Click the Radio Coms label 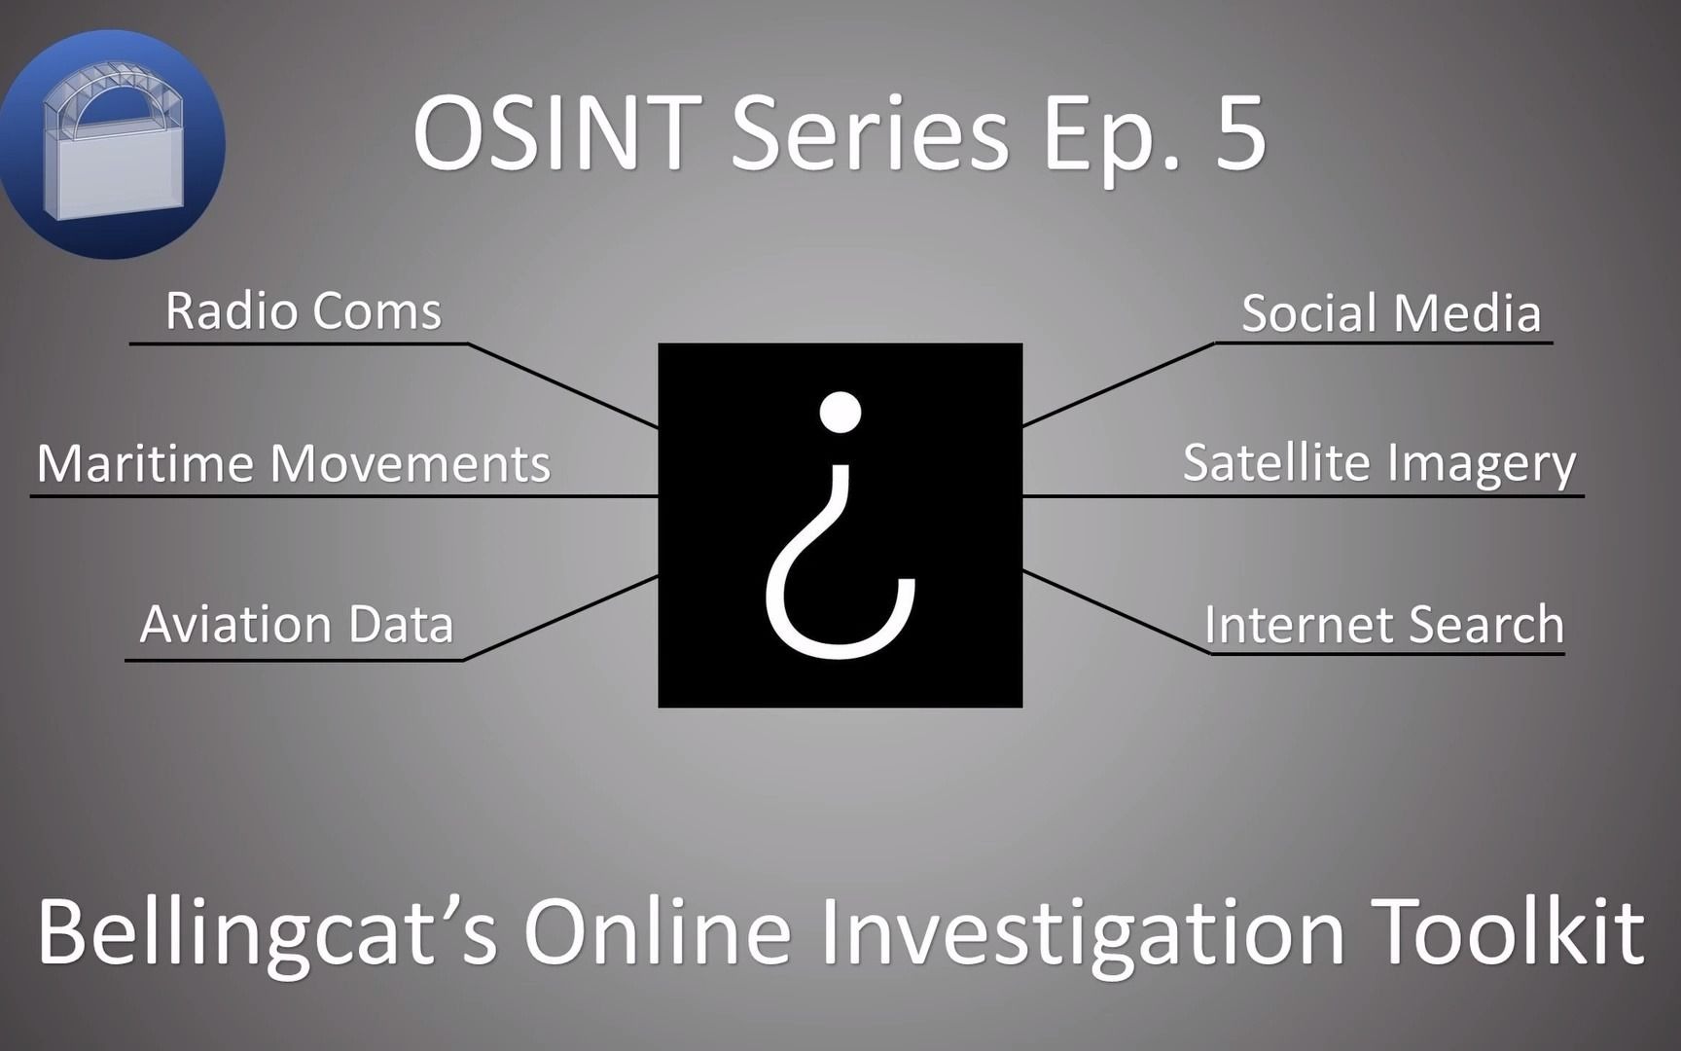click(x=304, y=311)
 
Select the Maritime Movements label click(x=294, y=463)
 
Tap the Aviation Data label click(x=297, y=624)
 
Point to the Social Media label click(x=1391, y=313)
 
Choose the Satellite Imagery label click(x=1379, y=464)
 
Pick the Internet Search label click(x=1384, y=624)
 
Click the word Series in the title click(x=870, y=133)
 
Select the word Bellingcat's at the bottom click(x=268, y=931)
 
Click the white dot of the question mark click(x=840, y=412)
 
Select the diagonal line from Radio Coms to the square click(x=563, y=385)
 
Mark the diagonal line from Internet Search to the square click(x=1117, y=612)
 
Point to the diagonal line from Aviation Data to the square click(x=561, y=618)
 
